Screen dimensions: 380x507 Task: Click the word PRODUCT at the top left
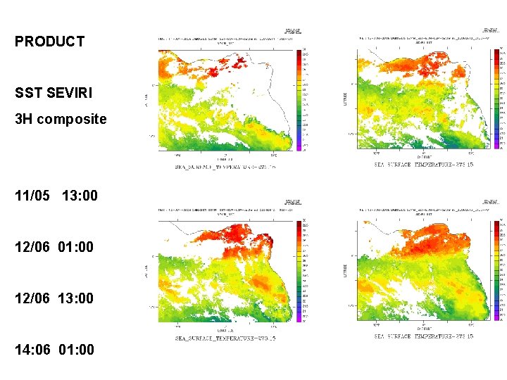49,42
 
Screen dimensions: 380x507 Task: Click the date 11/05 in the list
32,196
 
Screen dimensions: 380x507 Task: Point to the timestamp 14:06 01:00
54,349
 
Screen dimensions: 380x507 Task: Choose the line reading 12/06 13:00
54,298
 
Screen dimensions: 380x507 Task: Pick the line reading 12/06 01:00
54,247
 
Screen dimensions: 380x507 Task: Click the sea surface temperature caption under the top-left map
225,167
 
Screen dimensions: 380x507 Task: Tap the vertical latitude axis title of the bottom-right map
344,271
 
